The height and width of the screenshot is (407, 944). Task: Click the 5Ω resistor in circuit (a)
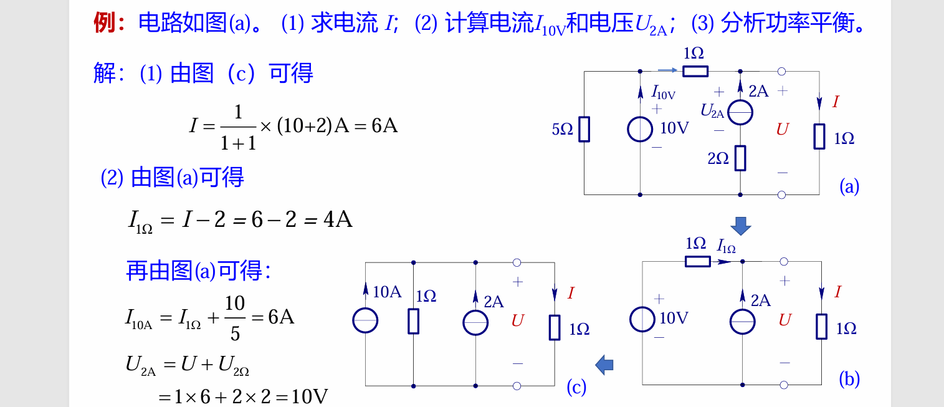click(x=584, y=129)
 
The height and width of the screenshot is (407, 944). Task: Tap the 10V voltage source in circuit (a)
click(x=641, y=129)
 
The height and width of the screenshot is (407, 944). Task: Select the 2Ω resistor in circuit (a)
click(x=740, y=158)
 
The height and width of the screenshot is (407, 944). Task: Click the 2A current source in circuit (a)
click(x=740, y=113)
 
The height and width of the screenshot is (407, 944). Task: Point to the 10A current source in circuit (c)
click(x=366, y=321)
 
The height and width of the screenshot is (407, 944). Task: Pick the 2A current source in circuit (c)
click(x=475, y=322)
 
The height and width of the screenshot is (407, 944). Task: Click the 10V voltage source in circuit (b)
click(x=642, y=320)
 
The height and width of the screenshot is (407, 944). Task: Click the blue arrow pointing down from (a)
click(x=741, y=226)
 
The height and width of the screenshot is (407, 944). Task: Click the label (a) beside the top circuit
click(x=849, y=186)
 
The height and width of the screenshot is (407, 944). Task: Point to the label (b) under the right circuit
click(x=849, y=378)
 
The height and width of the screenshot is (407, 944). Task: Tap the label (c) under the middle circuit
click(x=576, y=387)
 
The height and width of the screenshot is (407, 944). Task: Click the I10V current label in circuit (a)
click(x=663, y=93)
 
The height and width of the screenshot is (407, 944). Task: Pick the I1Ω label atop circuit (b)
click(x=726, y=246)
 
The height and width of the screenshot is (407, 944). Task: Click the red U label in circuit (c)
click(x=517, y=321)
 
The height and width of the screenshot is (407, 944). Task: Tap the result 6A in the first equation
click(x=384, y=126)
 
